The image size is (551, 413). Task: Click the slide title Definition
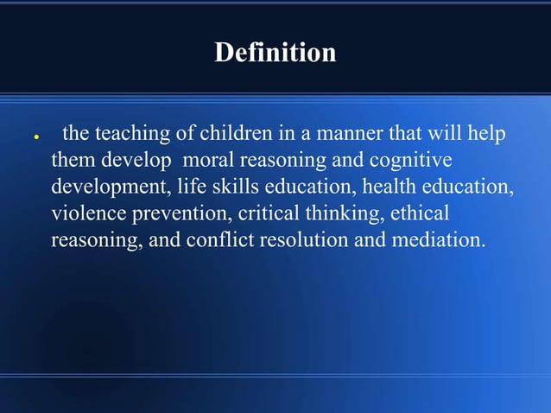pyautogui.click(x=275, y=54)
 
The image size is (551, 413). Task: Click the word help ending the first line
pyautogui.click(x=485, y=135)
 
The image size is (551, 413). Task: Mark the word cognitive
pyautogui.click(x=409, y=161)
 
